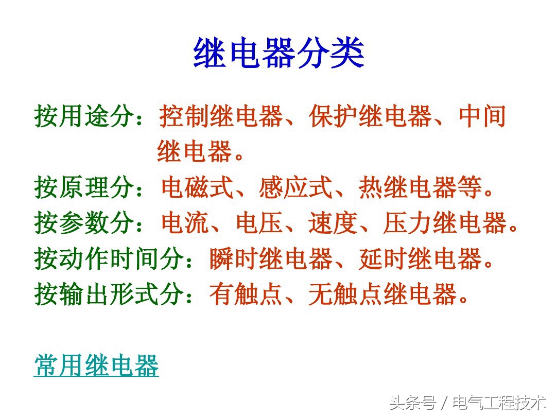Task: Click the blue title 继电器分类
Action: click(x=279, y=54)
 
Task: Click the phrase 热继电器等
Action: click(x=420, y=188)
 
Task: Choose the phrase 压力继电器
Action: click(x=445, y=223)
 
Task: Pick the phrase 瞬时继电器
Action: click(x=270, y=259)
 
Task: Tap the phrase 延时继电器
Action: click(x=420, y=259)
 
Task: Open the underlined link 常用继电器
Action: click(x=96, y=366)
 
